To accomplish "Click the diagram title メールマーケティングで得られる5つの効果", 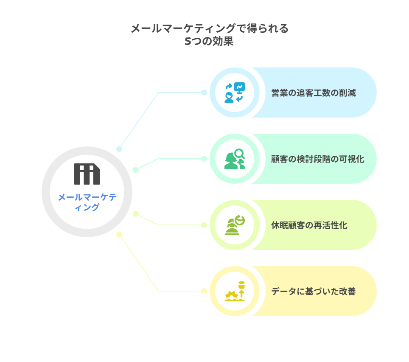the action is click(210, 35).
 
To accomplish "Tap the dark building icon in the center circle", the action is click(87, 174).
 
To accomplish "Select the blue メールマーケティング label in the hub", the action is click(87, 202).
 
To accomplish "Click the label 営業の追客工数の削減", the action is click(314, 93).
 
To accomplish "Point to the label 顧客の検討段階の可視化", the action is click(318, 159).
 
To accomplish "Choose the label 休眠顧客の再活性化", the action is click(309, 225).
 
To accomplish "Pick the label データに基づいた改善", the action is click(314, 291).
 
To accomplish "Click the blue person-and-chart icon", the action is click(235, 93).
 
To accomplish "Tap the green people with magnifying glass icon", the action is click(235, 159).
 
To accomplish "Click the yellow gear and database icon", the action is click(235, 291).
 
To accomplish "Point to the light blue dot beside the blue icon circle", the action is click(204, 93).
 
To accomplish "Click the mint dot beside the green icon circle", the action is click(204, 159).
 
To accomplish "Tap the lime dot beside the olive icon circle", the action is click(204, 225).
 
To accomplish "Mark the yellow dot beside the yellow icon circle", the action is click(204, 291).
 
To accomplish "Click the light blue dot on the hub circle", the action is click(119, 149).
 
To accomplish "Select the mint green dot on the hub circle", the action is click(136, 170).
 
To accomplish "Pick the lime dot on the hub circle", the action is click(136, 214).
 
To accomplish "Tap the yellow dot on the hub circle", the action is click(119, 234).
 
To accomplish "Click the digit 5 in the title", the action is click(188, 41).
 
